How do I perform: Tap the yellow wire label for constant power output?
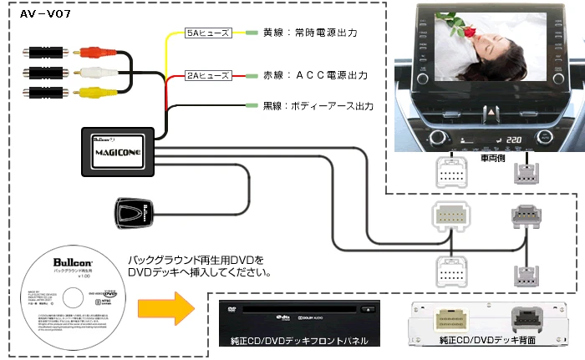click(310, 33)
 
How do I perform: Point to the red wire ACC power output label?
click(316, 75)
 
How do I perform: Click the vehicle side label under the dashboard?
click(490, 155)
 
